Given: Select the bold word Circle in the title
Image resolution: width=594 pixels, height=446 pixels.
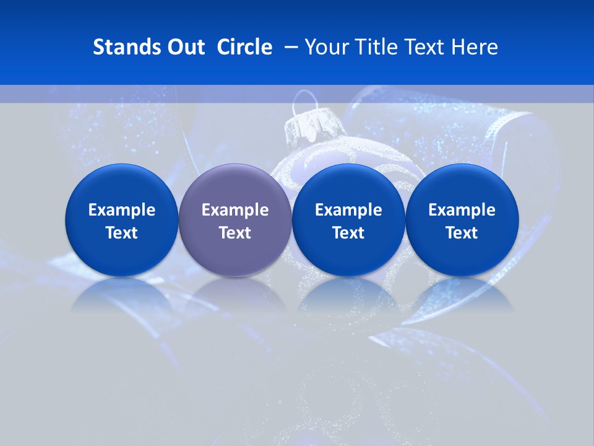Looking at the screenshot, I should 244,47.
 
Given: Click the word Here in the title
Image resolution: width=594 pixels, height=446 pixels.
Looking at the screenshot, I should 475,47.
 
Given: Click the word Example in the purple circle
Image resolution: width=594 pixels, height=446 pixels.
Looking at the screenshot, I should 235,210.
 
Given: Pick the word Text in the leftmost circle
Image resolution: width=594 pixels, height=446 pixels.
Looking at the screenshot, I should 122,233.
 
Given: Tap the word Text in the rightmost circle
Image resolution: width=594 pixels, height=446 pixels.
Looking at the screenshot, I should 462,233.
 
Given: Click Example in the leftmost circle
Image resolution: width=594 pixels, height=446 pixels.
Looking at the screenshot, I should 122,210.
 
